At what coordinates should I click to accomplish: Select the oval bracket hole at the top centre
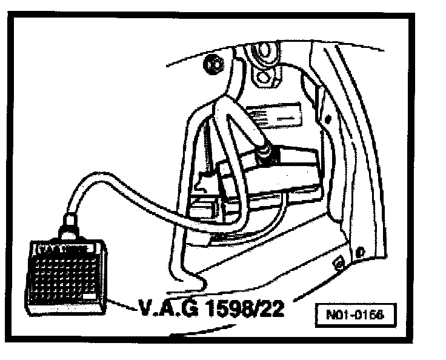262,77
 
